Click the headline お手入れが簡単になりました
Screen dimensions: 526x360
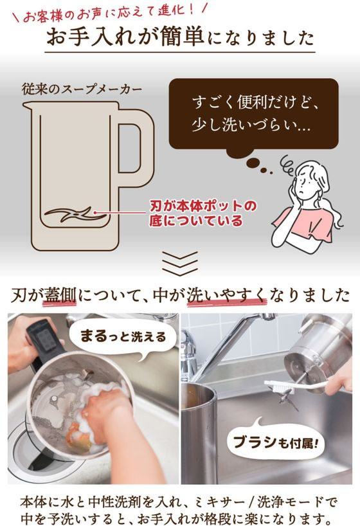(x=180, y=37)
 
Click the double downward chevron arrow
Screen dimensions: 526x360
(x=180, y=263)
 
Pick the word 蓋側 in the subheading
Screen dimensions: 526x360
(x=61, y=296)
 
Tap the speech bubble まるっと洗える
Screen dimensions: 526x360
(x=123, y=336)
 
